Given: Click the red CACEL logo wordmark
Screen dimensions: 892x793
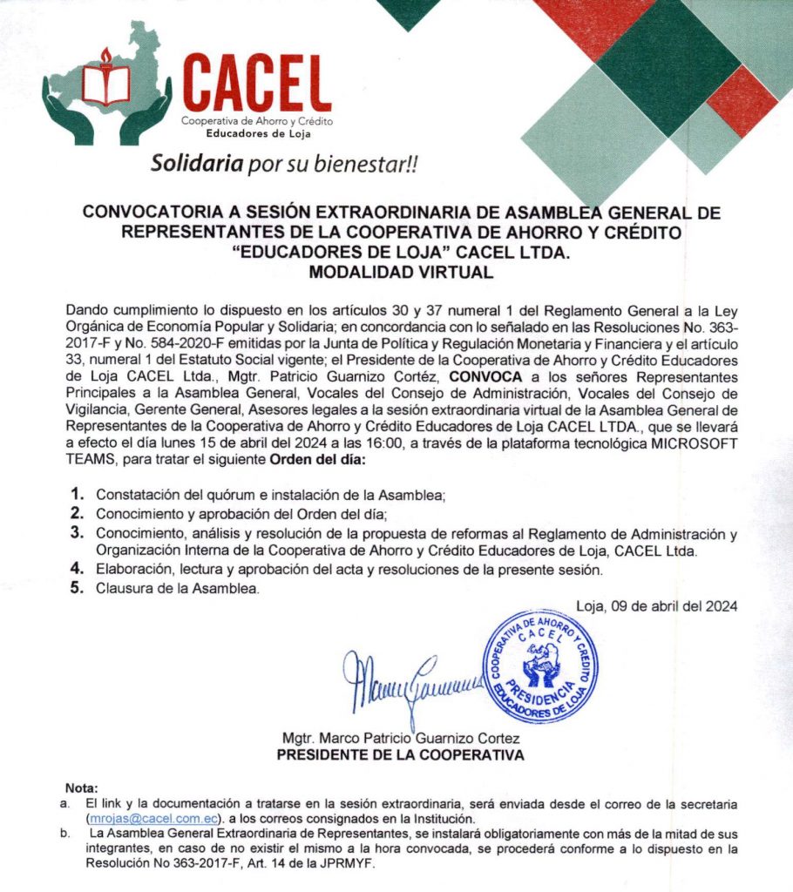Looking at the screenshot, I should point(258,83).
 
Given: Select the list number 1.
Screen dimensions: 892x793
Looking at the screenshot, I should point(78,494).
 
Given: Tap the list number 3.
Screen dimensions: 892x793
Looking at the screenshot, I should point(78,533).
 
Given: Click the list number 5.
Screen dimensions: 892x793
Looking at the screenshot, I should point(78,589).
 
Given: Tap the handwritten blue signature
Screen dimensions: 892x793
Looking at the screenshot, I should point(410,680).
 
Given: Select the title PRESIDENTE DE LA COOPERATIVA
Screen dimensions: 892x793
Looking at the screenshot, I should point(400,755).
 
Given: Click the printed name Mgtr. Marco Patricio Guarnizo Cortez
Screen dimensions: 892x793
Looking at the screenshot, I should point(400,740).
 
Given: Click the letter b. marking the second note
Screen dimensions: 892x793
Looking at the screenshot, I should point(65,835).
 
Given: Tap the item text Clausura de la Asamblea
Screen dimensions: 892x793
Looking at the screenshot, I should point(178,590).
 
